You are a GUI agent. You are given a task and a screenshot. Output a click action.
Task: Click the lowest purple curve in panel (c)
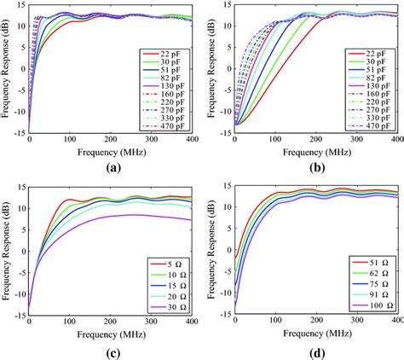click(128, 216)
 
